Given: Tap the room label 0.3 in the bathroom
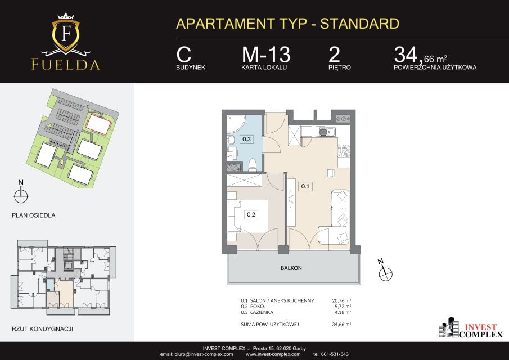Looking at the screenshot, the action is pos(247,139).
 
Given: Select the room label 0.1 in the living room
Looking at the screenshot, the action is pos(305,186).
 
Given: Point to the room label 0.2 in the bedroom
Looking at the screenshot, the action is pos(251,214).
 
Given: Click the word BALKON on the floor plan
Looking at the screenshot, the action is pos(291,268).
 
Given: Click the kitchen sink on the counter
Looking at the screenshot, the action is pos(327,132).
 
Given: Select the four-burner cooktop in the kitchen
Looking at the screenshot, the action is pos(344,151).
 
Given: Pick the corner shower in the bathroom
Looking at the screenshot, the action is pos(236,124).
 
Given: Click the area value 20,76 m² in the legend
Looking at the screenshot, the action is pos(341,300).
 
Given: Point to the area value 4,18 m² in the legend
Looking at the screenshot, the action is pos(343,312).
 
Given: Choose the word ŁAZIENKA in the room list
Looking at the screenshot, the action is pos(262,312).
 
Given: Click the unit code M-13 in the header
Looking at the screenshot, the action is pos(266,55).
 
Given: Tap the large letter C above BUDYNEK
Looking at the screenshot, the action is pos(184,55).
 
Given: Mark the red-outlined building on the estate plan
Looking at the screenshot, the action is pos(98,124).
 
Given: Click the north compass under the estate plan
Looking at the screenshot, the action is pos(21,196).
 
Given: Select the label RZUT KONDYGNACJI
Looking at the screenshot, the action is pos(43,329).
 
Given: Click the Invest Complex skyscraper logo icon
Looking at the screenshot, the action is pos(448,327).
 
